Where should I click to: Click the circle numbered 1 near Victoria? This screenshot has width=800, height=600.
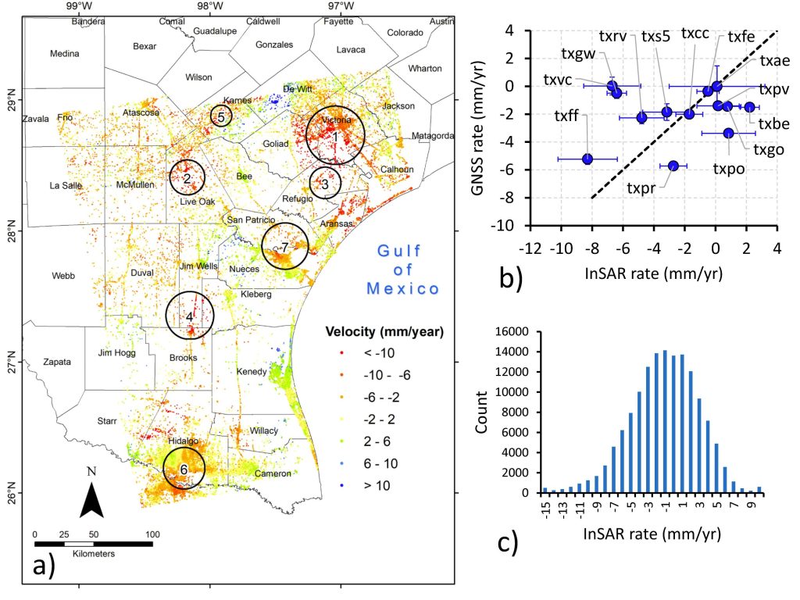(335, 136)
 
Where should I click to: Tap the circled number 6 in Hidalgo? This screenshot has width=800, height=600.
(184, 469)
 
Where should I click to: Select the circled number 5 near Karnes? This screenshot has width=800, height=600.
(221, 116)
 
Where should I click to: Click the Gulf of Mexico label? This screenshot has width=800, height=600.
(403, 270)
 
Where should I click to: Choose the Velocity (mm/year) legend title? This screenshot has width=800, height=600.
(384, 332)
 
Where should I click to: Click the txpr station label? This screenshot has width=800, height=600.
(641, 187)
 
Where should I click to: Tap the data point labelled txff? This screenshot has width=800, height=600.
(587, 159)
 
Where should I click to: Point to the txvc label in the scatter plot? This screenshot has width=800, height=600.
(558, 81)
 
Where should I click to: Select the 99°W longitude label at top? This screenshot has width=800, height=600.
(77, 7)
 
